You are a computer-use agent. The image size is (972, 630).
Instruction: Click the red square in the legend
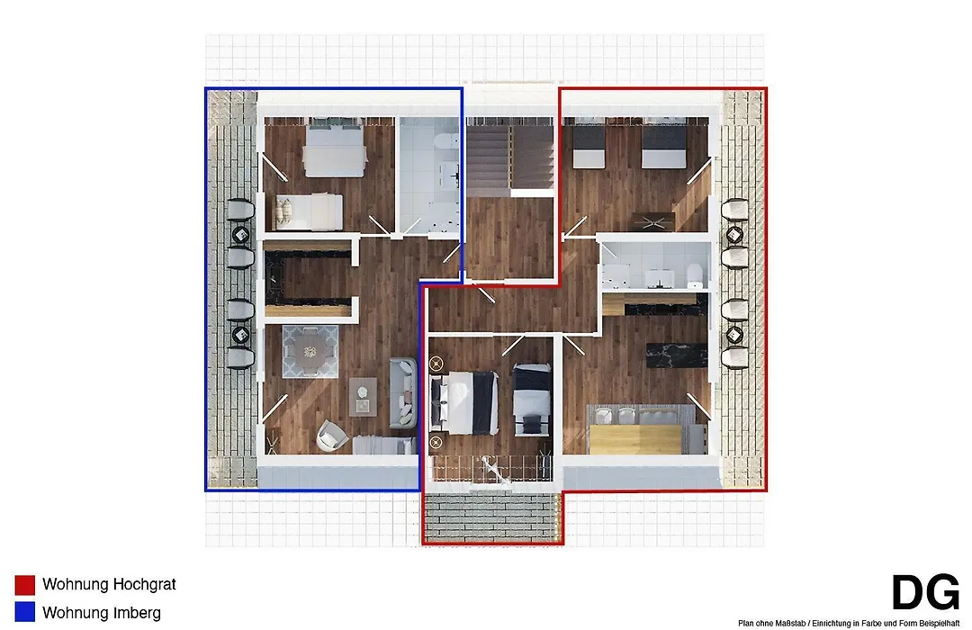click(x=25, y=585)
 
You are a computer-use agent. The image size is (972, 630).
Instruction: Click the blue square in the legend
click(x=25, y=612)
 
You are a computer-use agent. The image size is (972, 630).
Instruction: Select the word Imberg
click(x=137, y=613)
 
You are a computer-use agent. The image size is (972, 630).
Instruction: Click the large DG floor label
click(x=925, y=592)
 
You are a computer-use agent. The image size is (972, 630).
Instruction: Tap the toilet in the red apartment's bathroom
click(x=696, y=275)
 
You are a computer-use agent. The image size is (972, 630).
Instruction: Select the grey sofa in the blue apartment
click(x=403, y=392)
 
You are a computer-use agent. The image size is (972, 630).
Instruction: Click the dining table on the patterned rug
click(x=310, y=352)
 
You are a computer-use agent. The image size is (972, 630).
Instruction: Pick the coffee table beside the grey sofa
click(x=363, y=397)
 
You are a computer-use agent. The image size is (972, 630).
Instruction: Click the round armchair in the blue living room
click(x=332, y=435)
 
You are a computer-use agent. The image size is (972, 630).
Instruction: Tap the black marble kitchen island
click(x=676, y=355)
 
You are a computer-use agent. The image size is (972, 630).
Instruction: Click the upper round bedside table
click(x=436, y=363)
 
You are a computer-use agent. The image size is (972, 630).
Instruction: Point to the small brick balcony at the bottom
click(x=493, y=518)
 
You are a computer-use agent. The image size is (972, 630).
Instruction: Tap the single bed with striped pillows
click(x=309, y=212)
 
